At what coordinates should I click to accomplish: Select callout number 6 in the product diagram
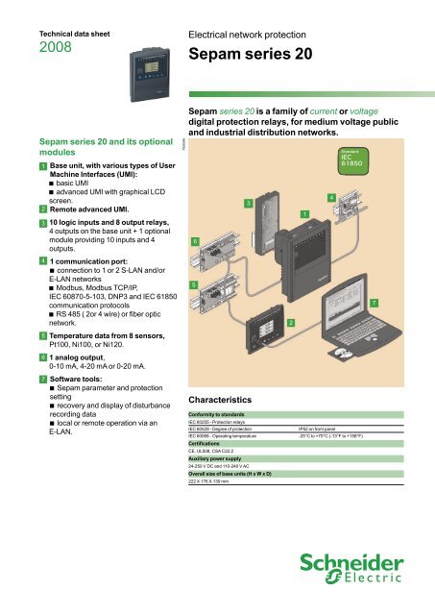click(x=195, y=241)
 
